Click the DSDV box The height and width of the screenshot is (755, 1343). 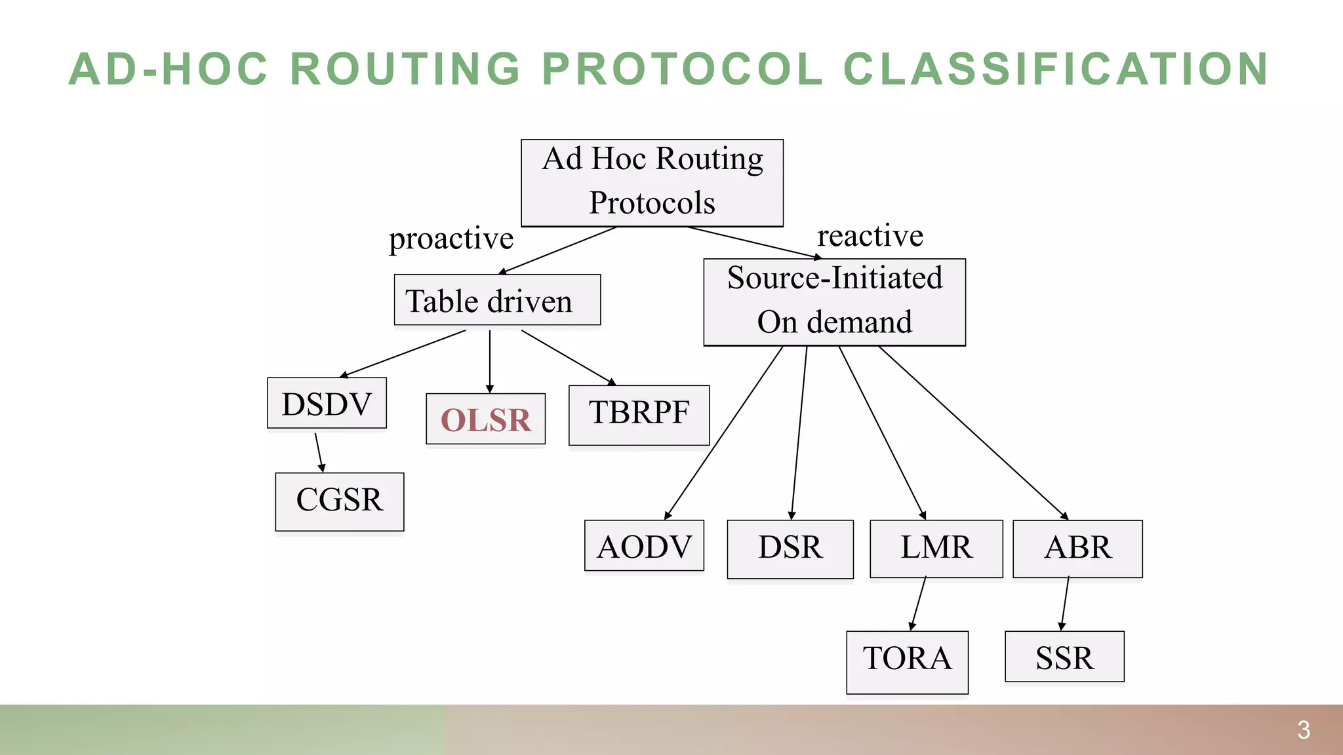tap(327, 403)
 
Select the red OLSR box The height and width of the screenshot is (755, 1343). tap(485, 419)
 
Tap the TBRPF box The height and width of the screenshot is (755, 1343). tap(639, 415)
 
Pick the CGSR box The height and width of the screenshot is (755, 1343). tap(339, 501)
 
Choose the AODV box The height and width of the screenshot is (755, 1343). tap(644, 546)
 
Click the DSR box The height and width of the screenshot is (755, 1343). tap(790, 549)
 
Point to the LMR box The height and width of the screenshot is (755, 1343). tap(936, 549)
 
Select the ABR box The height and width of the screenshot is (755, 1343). tap(1077, 549)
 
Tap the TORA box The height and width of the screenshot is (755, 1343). tap(907, 661)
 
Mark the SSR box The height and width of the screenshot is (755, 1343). tap(1064, 657)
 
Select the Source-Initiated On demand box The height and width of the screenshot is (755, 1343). tap(834, 302)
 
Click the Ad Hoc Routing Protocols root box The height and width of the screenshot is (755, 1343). tap(652, 183)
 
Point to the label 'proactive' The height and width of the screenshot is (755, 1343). tap(451, 239)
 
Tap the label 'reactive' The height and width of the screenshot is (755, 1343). tap(870, 236)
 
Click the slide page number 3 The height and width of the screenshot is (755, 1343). tap(1304, 729)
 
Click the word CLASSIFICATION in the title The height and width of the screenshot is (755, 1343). tap(1055, 69)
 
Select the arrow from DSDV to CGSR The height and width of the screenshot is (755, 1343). tap(319, 452)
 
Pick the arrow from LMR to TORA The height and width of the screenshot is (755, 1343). tap(918, 604)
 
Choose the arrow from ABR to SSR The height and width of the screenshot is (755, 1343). tap(1065, 604)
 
